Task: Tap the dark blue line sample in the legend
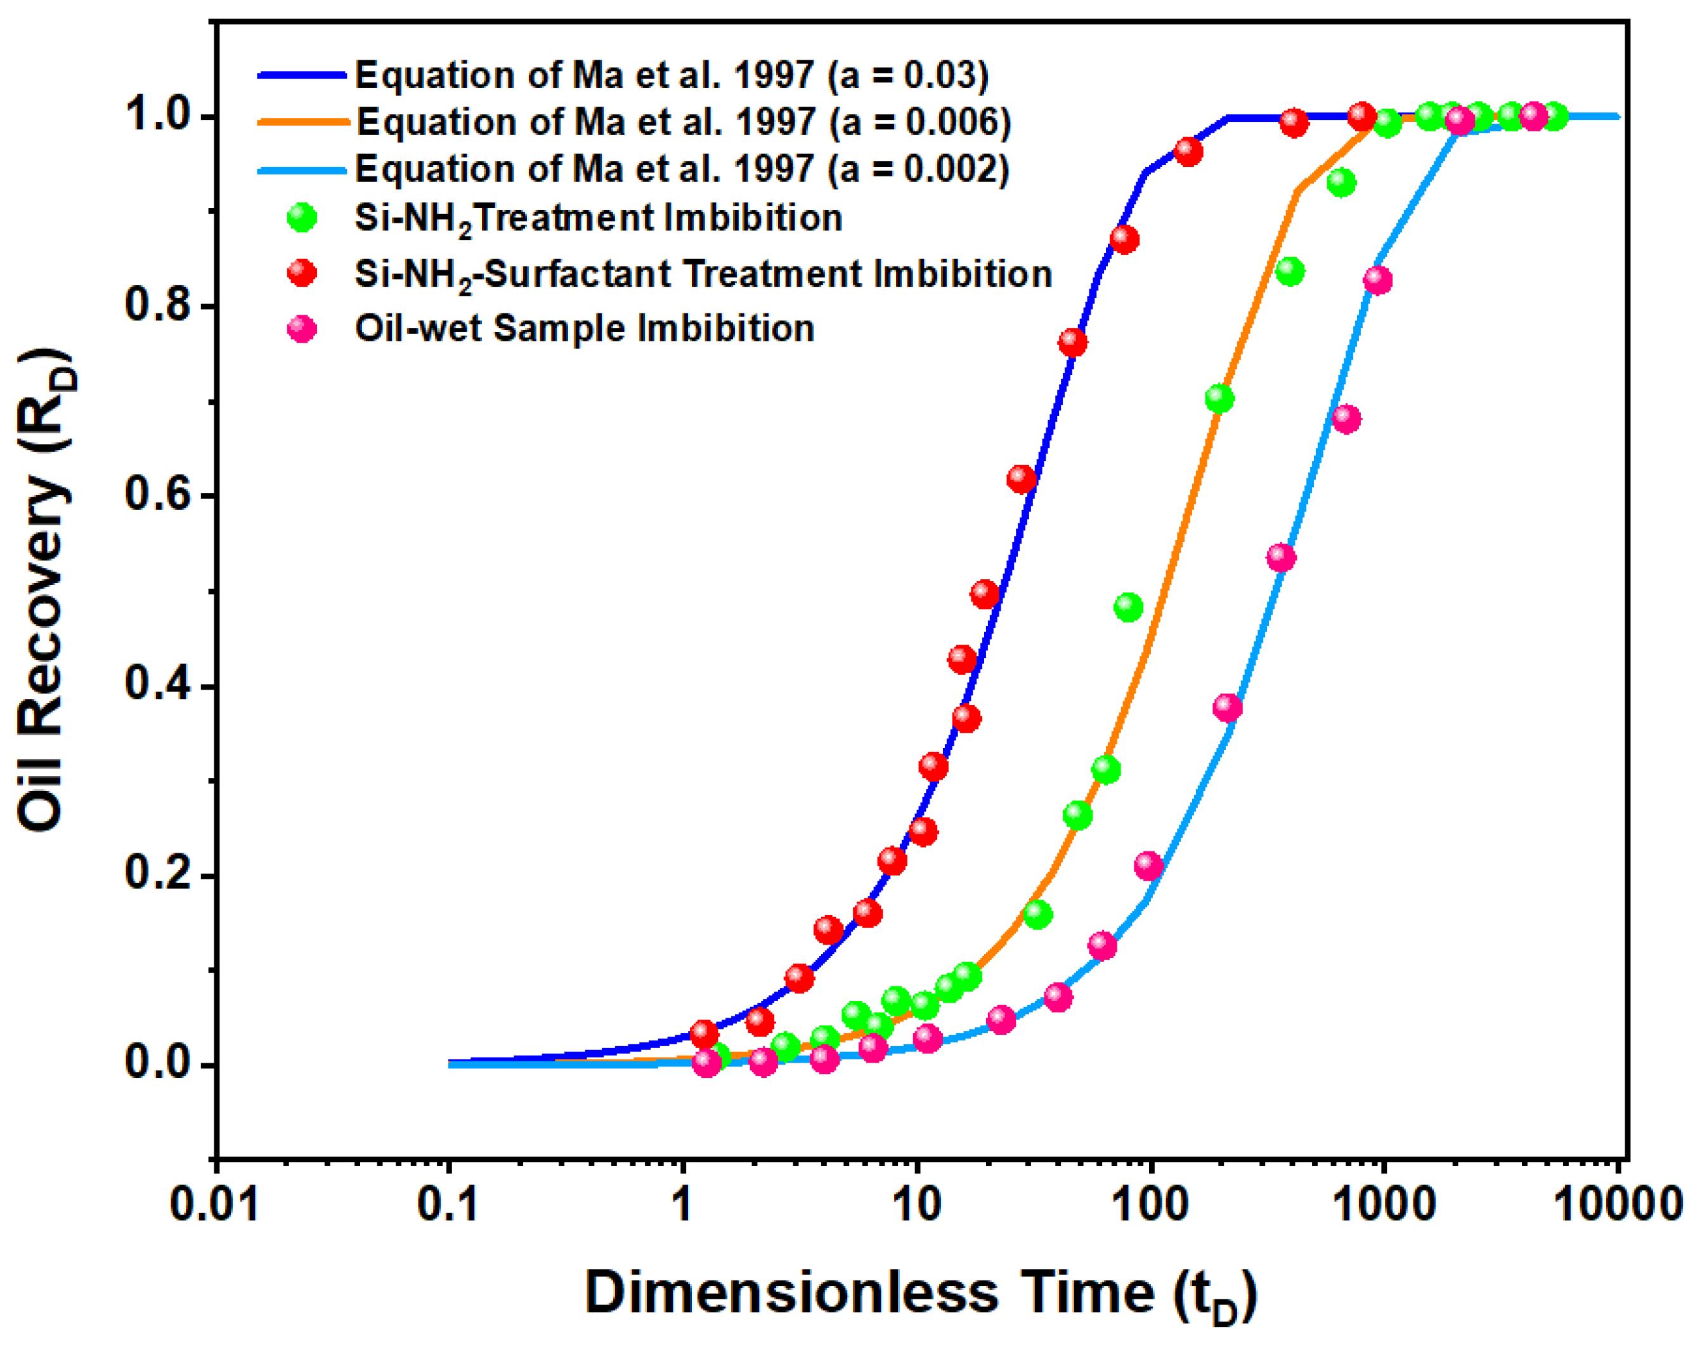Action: [302, 75]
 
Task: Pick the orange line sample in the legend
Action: [302, 122]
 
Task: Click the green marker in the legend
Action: [302, 218]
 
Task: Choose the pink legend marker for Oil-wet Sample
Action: [302, 329]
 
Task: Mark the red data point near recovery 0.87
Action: [1124, 239]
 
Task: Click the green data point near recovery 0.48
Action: [1128, 607]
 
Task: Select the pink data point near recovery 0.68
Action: [1346, 419]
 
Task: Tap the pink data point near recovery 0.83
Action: [1377, 280]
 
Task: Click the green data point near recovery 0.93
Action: [1341, 183]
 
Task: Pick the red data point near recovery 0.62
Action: [1020, 478]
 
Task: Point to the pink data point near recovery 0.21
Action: [1148, 865]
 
